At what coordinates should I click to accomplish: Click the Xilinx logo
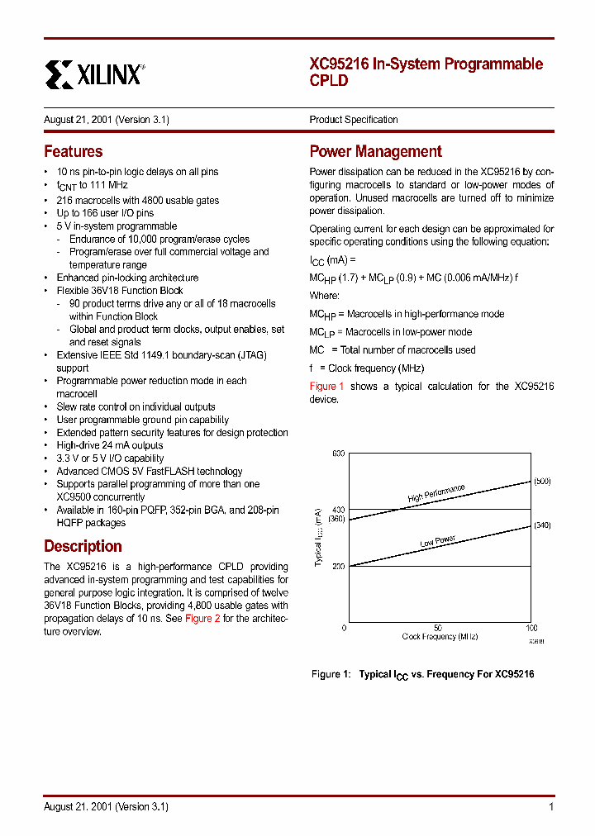[93, 74]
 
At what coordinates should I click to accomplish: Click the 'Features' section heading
[73, 151]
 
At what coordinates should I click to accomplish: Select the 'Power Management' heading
[375, 151]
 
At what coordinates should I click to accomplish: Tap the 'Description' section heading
[83, 546]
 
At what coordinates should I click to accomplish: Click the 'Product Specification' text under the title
[353, 120]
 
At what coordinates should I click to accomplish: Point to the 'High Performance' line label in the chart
[436, 493]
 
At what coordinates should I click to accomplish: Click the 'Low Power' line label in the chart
[437, 541]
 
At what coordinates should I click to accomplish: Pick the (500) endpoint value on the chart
[541, 481]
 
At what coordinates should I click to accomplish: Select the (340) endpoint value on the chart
[541, 525]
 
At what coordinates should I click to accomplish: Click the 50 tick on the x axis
[437, 628]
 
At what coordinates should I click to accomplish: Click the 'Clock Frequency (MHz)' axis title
[439, 637]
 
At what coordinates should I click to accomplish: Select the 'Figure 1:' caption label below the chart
[329, 674]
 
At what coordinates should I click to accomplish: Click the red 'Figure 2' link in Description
[202, 619]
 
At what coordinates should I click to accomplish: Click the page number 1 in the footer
[550, 807]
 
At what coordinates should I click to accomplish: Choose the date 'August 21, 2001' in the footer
[78, 807]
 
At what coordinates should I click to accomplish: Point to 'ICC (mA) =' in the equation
[333, 260]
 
